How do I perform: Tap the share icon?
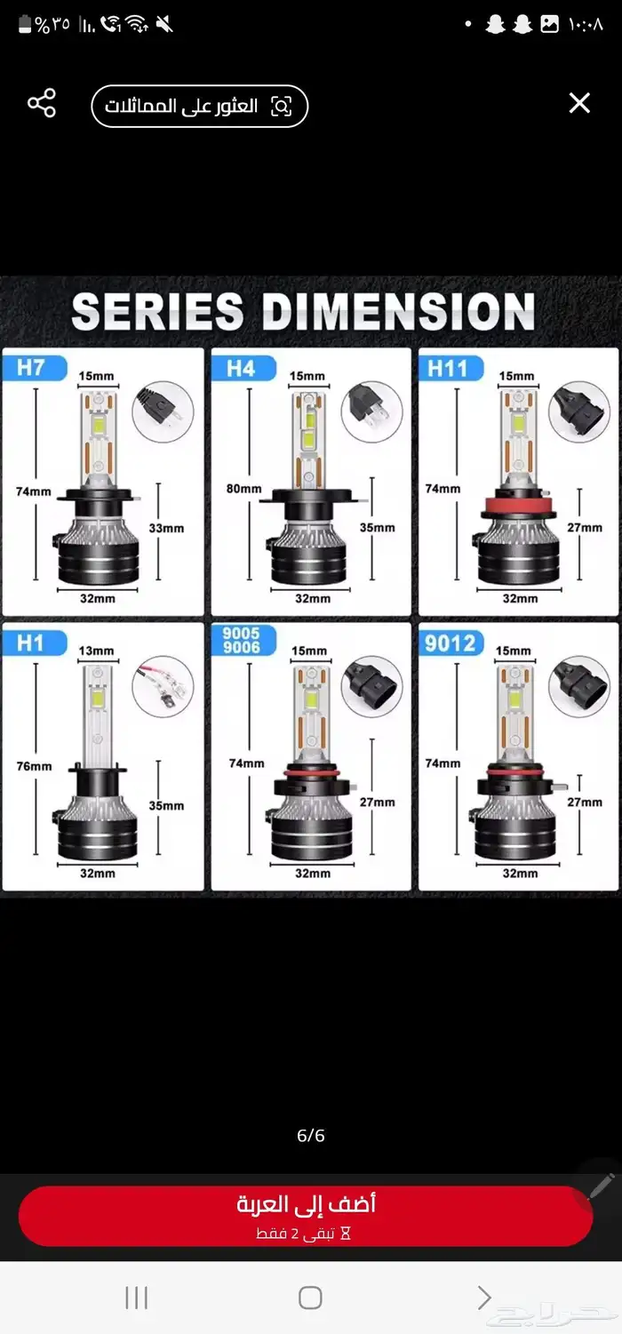click(x=42, y=103)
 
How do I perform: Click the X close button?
click(x=579, y=103)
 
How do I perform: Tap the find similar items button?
click(x=199, y=106)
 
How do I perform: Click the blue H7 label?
click(x=35, y=367)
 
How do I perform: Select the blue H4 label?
click(x=243, y=369)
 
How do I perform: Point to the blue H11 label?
click(x=451, y=369)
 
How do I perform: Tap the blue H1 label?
click(x=35, y=643)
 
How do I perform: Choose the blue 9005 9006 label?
click(x=243, y=640)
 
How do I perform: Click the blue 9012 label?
click(x=451, y=643)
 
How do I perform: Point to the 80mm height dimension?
click(x=244, y=489)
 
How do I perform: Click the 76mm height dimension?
click(x=34, y=766)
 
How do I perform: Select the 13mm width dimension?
click(x=97, y=651)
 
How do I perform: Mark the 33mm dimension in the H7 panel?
click(x=166, y=528)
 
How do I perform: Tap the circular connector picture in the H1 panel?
click(x=163, y=687)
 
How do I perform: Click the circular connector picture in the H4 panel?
click(x=372, y=411)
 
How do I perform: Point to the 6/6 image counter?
click(x=311, y=1136)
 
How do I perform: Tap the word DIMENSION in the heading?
click(x=398, y=311)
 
